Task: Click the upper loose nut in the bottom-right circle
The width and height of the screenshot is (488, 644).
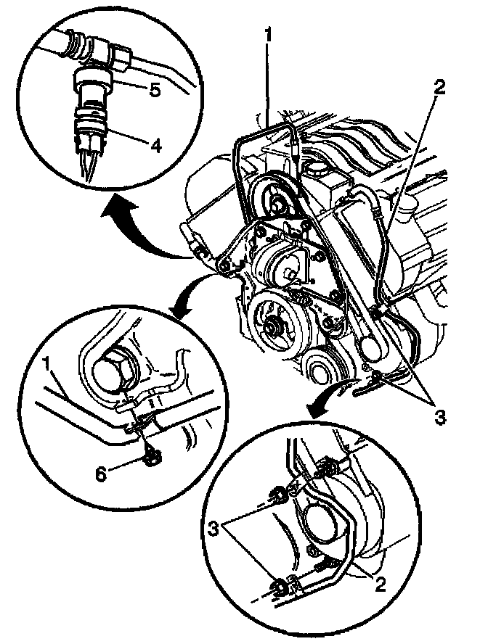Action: point(277,498)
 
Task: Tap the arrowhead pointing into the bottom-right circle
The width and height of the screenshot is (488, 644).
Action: point(314,411)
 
